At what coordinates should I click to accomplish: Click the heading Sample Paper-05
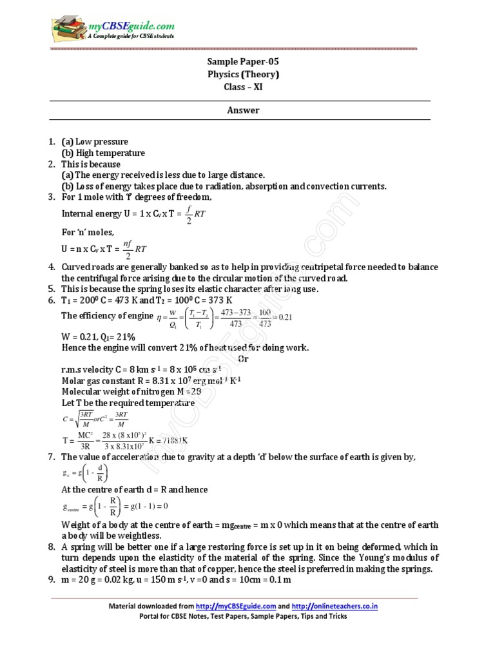pos(243,62)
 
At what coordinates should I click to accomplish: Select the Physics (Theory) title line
pos(243,74)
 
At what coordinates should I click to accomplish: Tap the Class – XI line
pos(243,87)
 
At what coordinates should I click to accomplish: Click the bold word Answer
pos(243,110)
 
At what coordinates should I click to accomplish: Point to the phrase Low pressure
pos(102,141)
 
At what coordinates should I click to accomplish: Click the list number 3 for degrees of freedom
pos(52,197)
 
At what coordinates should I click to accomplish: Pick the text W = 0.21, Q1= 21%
pos(98,336)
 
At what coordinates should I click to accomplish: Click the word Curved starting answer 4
pos(76,267)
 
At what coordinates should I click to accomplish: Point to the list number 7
pos(52,457)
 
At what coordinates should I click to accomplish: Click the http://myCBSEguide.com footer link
pos(236,607)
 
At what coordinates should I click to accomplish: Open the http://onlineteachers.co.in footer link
pos(335,607)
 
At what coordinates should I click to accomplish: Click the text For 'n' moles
pos(88,232)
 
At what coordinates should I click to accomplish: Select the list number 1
pos(52,141)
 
